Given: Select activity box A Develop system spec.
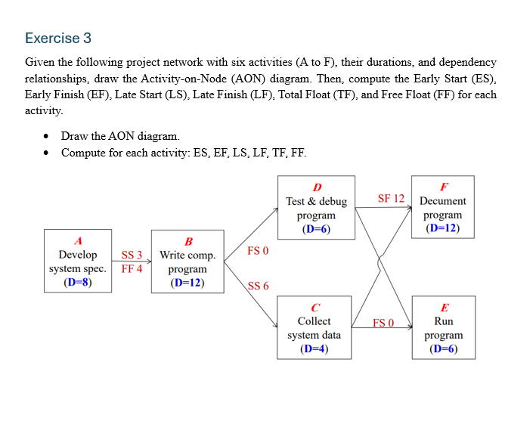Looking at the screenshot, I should [x=77, y=261].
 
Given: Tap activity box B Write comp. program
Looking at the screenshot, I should [x=187, y=262].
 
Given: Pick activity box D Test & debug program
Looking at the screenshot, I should [x=316, y=208].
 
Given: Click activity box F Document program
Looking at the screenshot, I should [x=442, y=208].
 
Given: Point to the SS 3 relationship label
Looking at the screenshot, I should [x=132, y=255].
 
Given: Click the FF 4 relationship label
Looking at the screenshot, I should [x=132, y=268].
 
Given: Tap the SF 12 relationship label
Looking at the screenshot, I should [x=391, y=199].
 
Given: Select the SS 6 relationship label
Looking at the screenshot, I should [x=258, y=286].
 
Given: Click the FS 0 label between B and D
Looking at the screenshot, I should [x=258, y=250].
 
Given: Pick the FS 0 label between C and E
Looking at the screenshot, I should [x=383, y=323].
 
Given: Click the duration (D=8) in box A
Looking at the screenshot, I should [x=77, y=283].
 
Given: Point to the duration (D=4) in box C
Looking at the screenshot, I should [x=314, y=348].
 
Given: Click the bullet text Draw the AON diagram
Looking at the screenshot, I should [x=121, y=136].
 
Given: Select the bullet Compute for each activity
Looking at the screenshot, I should [x=184, y=152].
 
